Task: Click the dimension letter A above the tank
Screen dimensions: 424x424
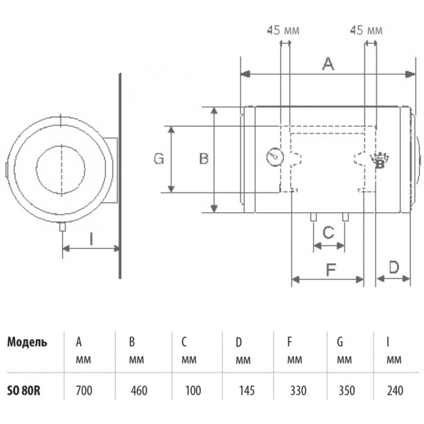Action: click(x=328, y=64)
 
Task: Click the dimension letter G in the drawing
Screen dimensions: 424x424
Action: click(x=158, y=158)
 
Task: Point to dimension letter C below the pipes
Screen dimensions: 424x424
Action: click(x=329, y=233)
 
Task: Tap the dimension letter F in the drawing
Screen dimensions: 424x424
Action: click(x=331, y=270)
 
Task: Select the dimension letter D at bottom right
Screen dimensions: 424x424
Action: click(x=394, y=267)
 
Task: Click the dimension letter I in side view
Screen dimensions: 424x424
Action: click(x=91, y=239)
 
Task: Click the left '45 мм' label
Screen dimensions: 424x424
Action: click(x=283, y=30)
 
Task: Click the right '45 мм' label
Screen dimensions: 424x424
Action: click(x=366, y=30)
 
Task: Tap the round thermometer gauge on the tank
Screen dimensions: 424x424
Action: click(x=275, y=157)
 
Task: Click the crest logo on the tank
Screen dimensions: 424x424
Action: click(x=379, y=161)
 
